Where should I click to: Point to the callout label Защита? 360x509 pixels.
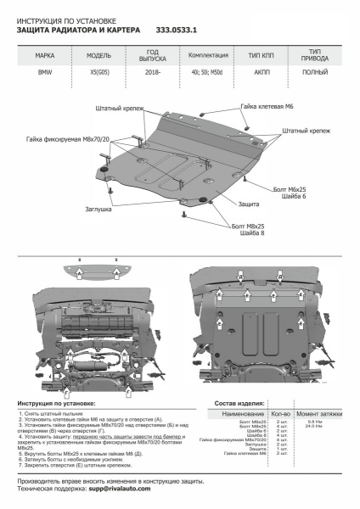click(x=248, y=204)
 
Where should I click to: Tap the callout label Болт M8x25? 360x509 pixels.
click(x=247, y=227)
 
